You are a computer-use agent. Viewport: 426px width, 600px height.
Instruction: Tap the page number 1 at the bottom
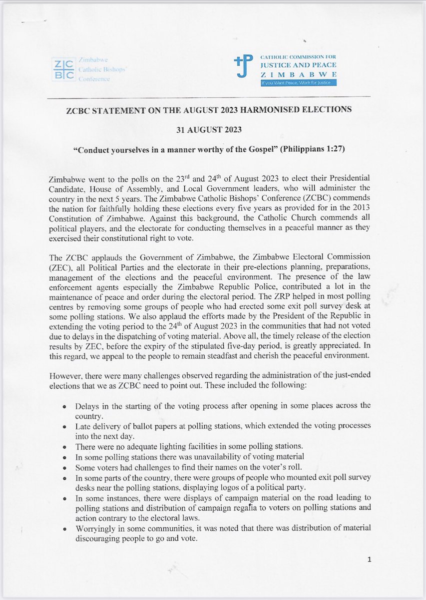click(x=370, y=560)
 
